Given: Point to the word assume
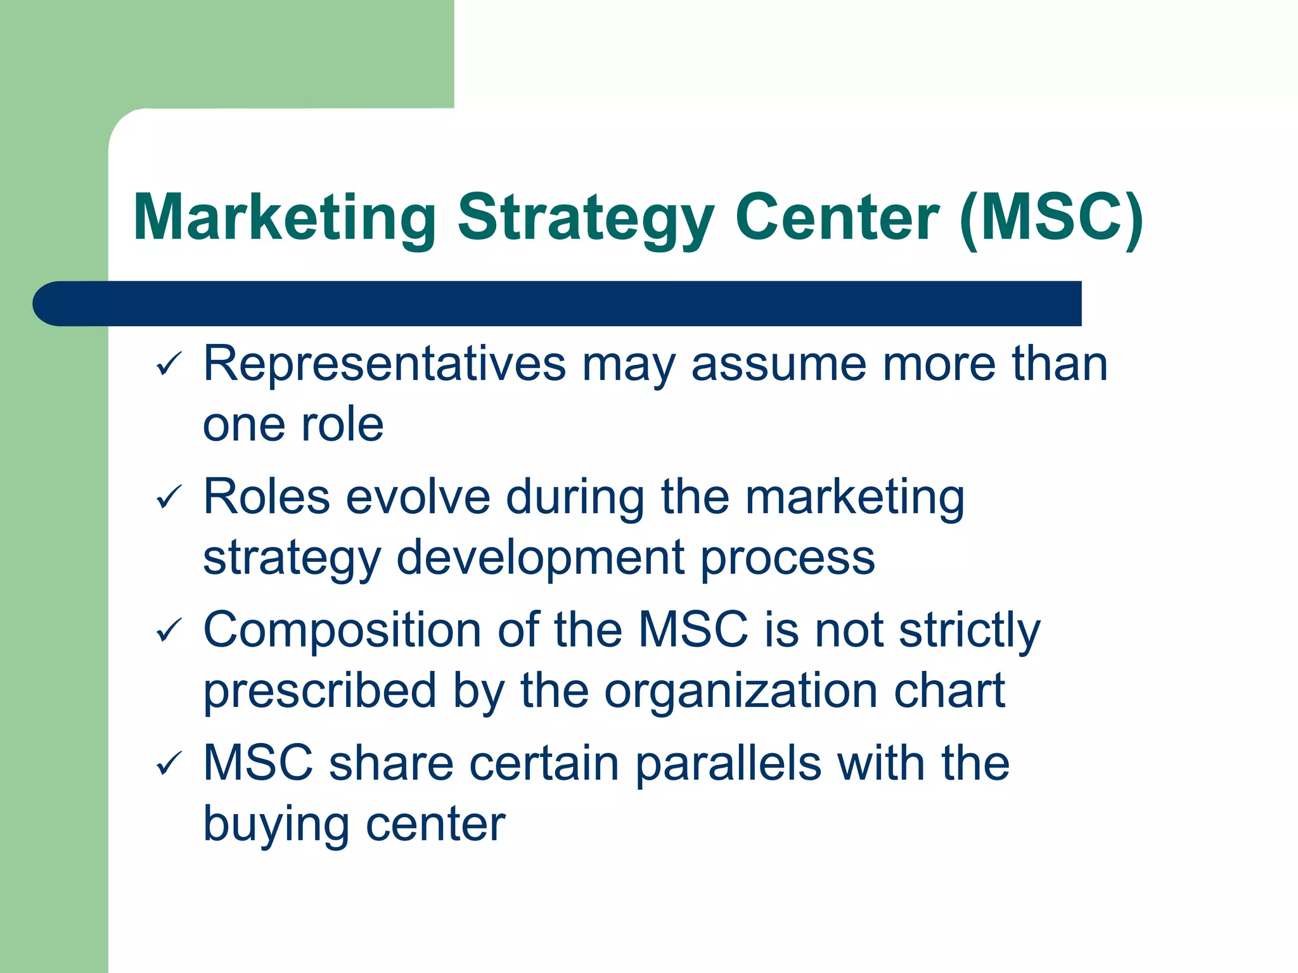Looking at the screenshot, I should (x=778, y=365).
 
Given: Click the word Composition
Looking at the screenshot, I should (x=342, y=631).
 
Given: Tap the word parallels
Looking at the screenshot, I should (x=728, y=764).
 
